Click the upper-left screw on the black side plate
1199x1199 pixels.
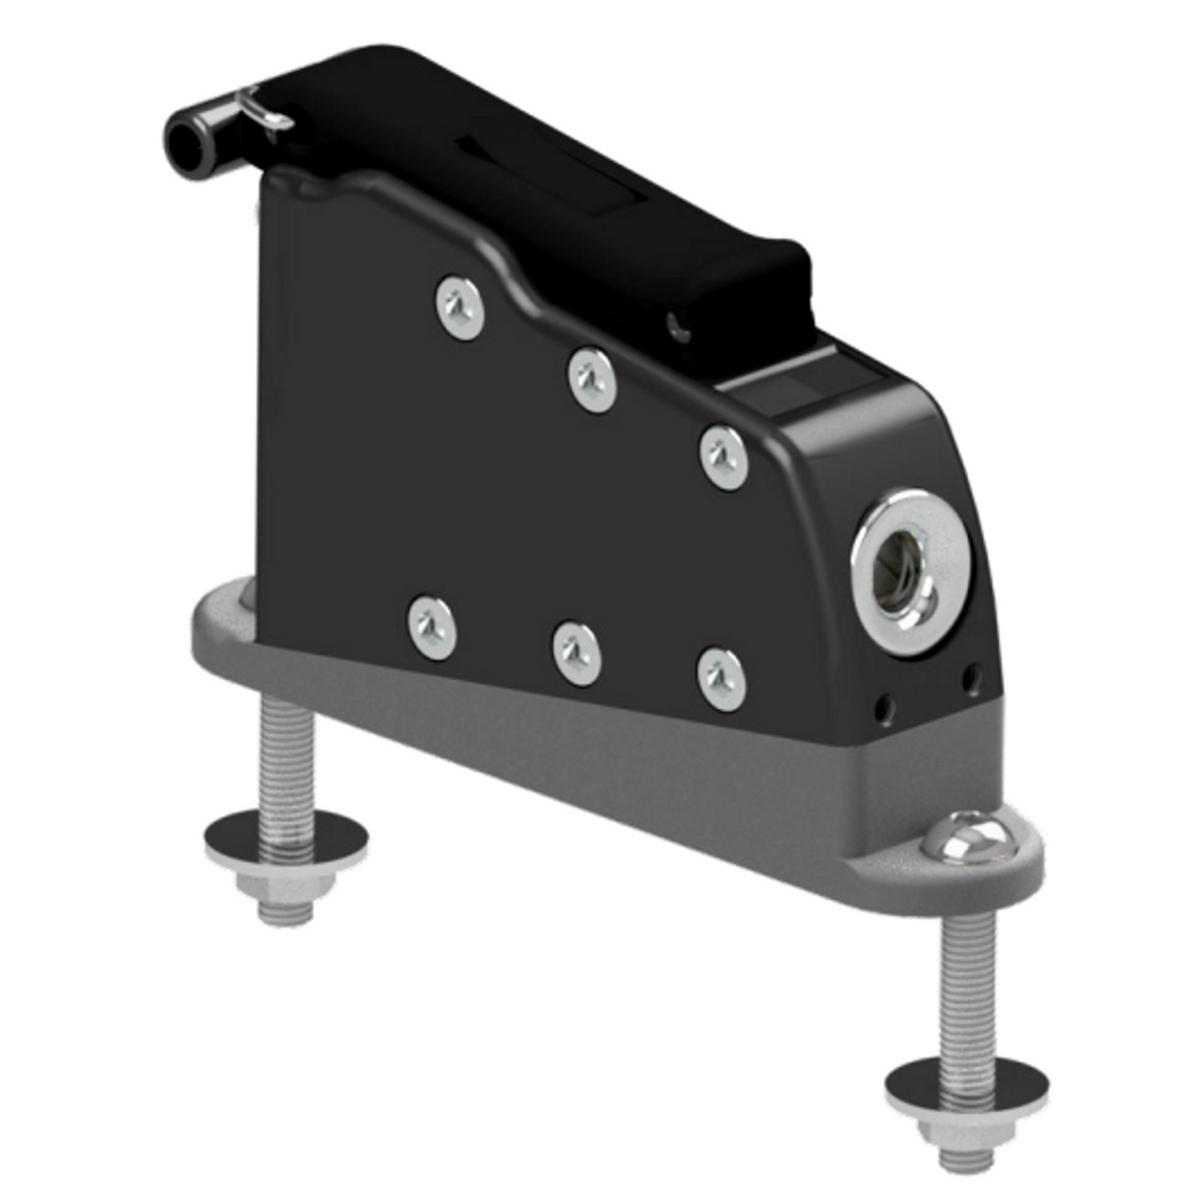(460, 306)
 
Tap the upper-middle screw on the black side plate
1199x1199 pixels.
(593, 378)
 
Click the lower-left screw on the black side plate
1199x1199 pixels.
(433, 626)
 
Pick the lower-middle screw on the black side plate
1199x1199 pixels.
(578, 653)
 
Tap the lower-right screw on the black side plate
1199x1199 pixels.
(722, 679)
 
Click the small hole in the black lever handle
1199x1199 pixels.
(676, 323)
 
